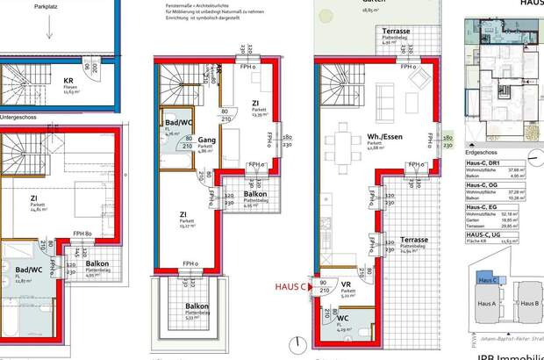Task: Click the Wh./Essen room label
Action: click(355, 135)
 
